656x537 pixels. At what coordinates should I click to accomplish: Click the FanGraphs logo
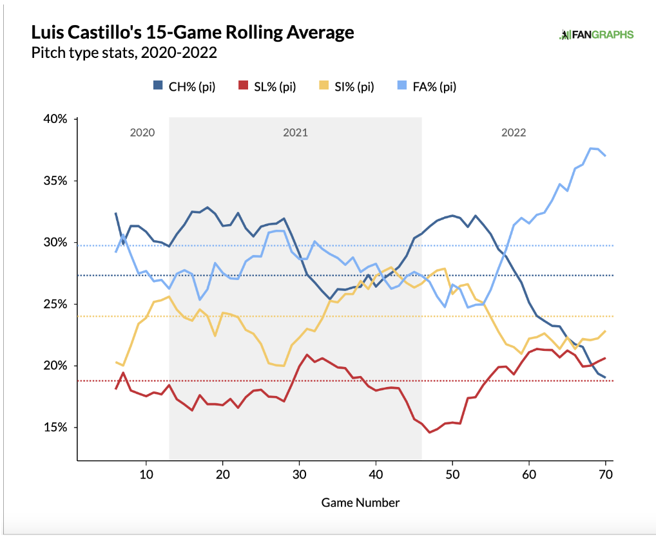tap(595, 35)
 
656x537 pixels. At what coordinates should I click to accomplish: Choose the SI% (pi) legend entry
tap(347, 86)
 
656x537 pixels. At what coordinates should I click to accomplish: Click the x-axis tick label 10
tap(146, 474)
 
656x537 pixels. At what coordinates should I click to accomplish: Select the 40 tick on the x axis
tap(376, 474)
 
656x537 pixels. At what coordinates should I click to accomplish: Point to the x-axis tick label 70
tap(605, 474)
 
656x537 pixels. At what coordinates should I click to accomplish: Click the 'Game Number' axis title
tap(360, 502)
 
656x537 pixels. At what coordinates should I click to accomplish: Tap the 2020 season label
tap(142, 133)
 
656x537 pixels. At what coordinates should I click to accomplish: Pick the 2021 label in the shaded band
tap(295, 133)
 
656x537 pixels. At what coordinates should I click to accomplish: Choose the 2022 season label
tap(514, 133)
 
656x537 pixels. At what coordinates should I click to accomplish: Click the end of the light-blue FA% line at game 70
tap(606, 155)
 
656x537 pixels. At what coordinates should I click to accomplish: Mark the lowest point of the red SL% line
tap(430, 432)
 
